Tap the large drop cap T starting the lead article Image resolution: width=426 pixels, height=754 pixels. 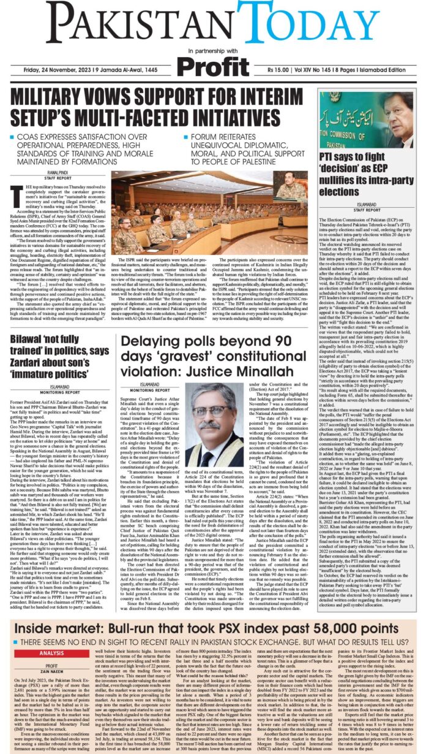pyautogui.click(x=17, y=194)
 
